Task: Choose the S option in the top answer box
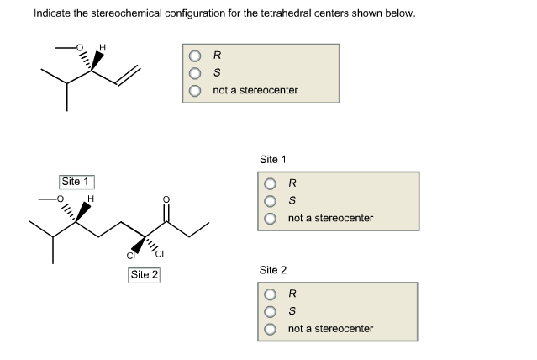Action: click(x=193, y=73)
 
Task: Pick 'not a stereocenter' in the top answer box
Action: click(x=193, y=89)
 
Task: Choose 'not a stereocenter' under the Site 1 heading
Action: click(x=270, y=218)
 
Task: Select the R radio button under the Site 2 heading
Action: click(x=270, y=295)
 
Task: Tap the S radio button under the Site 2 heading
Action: click(x=270, y=311)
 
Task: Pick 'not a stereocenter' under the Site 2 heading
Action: click(x=270, y=328)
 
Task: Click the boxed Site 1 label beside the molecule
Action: click(x=76, y=181)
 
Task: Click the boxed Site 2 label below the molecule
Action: click(x=145, y=274)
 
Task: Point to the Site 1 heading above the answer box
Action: click(x=273, y=159)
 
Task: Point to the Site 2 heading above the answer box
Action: click(x=273, y=270)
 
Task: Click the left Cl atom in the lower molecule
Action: click(x=129, y=255)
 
